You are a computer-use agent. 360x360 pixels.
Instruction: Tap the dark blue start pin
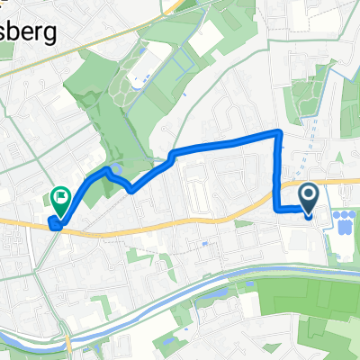tap(308, 197)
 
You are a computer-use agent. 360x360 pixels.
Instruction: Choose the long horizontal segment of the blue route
tap(225, 142)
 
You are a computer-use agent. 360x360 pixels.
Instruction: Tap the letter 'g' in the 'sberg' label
tap(59, 36)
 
